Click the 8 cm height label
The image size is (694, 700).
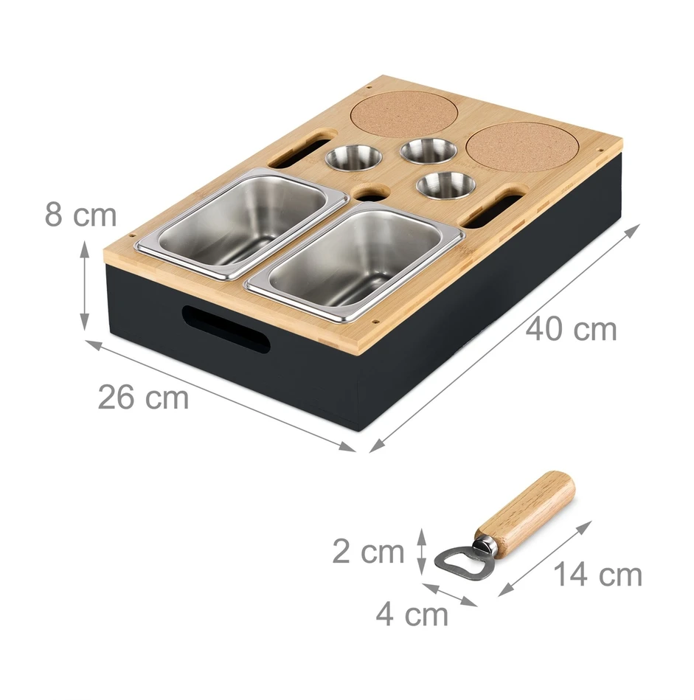pos(80,215)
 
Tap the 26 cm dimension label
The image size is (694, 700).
pos(143,397)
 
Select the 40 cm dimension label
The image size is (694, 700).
pos(571,330)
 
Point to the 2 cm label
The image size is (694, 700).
pos(368,552)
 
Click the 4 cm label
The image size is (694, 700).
pos(412,614)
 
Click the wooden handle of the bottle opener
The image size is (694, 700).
pos(525,512)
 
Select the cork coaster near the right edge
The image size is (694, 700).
pos(522,147)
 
